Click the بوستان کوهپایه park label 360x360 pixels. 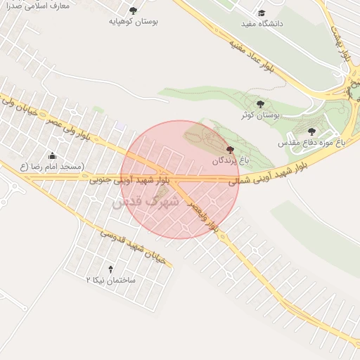point(134,22)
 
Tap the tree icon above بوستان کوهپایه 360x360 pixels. point(134,10)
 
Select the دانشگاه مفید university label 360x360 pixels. point(262,24)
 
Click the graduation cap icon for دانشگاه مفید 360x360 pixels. point(262,13)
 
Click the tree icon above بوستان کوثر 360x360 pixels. point(261,103)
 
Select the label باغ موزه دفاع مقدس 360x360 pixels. point(312,143)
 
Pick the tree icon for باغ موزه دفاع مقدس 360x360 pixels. point(312,131)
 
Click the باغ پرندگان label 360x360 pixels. point(231,161)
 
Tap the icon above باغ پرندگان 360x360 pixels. point(231,150)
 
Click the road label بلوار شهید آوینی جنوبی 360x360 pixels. point(131,181)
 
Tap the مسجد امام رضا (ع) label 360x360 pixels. point(52,167)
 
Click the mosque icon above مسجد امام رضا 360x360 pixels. point(52,155)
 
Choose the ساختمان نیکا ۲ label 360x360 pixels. point(110,280)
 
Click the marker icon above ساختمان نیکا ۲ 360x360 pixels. point(110,269)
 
